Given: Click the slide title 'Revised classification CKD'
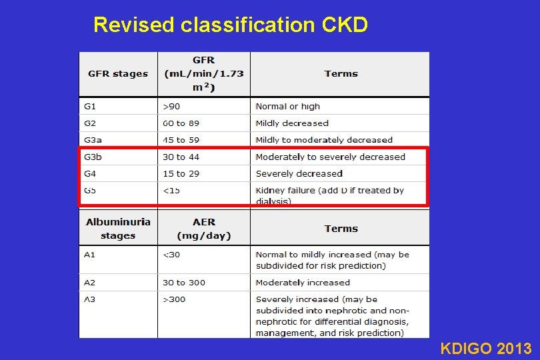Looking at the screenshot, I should [x=231, y=25].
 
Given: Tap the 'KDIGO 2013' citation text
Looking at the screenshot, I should [x=485, y=348].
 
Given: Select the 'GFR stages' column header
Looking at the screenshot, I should [x=118, y=74].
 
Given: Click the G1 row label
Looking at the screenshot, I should [x=90, y=107].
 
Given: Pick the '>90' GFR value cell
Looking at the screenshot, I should [x=171, y=107].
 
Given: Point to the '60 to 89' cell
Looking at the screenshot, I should [x=181, y=123].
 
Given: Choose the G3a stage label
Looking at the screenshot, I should [x=93, y=140].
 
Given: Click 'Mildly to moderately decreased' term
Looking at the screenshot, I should [x=324, y=140].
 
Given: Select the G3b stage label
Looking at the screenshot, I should [x=94, y=157].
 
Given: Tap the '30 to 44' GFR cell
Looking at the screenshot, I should [x=181, y=157].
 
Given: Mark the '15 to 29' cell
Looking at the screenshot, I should [x=181, y=174].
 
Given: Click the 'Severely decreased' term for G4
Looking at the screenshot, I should [x=299, y=174].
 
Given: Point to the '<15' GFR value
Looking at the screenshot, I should [x=171, y=191].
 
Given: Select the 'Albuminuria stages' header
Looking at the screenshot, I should [x=118, y=229].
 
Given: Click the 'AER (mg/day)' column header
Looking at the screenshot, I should [x=204, y=229].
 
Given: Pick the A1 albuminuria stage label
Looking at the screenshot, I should [x=90, y=255].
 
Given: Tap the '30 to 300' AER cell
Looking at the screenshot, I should [x=184, y=283].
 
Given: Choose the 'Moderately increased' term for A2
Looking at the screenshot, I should [x=303, y=283].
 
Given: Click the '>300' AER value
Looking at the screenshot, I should [x=174, y=299].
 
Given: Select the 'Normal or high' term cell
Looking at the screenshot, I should [x=288, y=107].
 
